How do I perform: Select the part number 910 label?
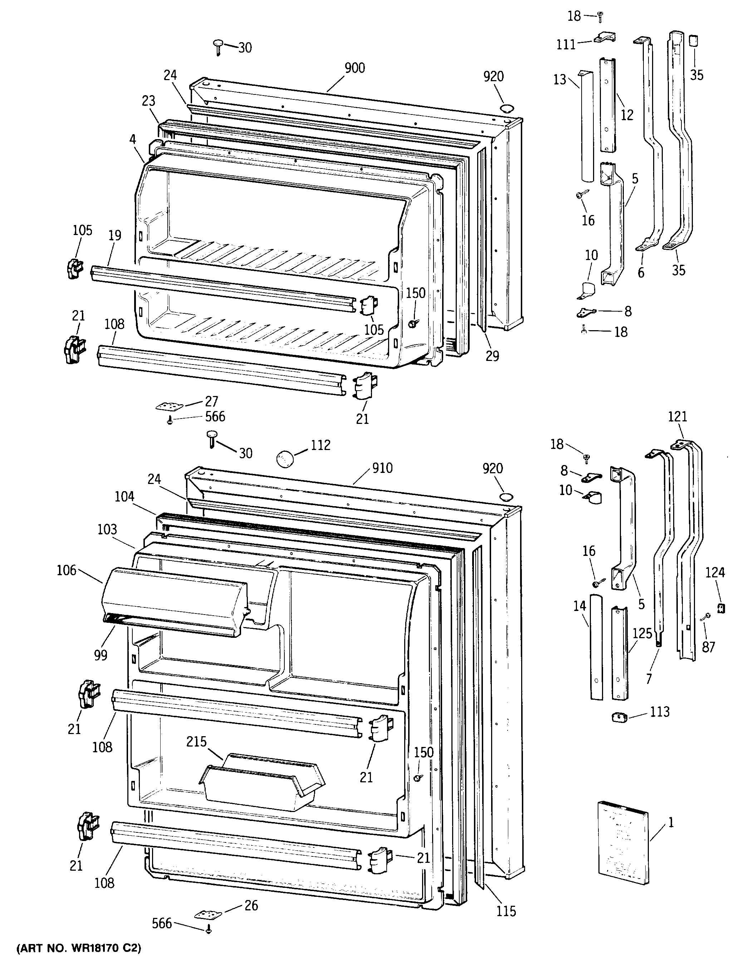coord(382,468)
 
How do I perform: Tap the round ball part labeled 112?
coord(285,458)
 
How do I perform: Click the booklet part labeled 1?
coord(622,851)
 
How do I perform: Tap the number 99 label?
coord(101,655)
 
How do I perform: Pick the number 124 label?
coord(715,573)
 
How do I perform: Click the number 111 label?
coord(566,45)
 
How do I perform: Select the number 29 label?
coord(492,356)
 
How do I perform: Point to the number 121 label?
coord(677,417)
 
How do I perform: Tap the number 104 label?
coord(124,497)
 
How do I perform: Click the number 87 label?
coord(709,647)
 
